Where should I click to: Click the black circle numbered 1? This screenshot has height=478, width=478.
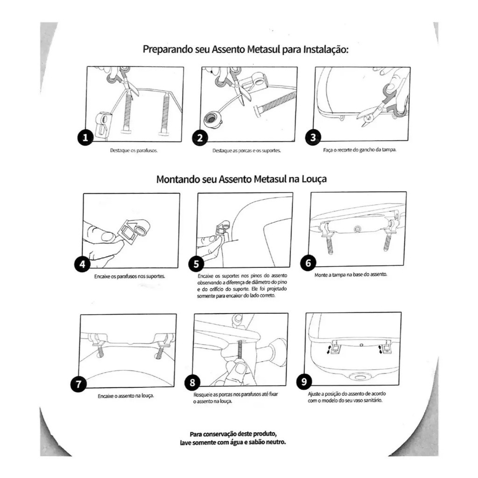coord(85,138)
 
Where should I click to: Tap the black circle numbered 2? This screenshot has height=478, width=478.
coord(200,138)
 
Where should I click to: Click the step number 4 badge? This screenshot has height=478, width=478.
coord(83,265)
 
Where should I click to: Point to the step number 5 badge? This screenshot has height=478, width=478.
coord(196,264)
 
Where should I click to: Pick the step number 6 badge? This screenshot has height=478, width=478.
coord(308,262)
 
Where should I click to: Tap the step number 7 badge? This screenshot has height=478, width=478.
coord(78,385)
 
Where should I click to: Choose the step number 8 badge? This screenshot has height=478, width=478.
coord(192,383)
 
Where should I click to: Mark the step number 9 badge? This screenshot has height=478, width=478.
coord(304,382)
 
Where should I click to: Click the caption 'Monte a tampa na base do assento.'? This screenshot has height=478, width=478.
coord(351,274)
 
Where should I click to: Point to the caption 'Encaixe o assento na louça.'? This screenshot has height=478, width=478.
coord(126,396)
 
